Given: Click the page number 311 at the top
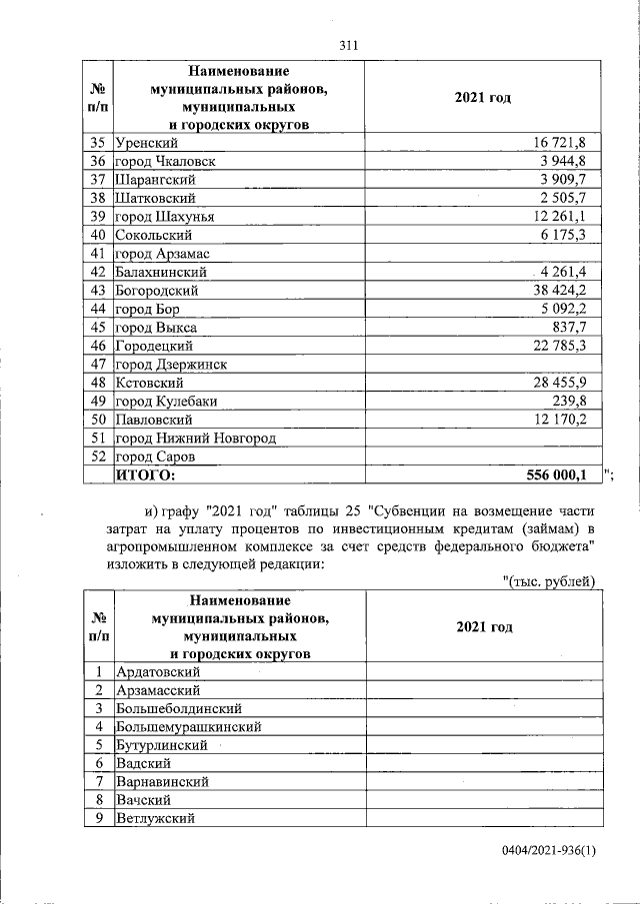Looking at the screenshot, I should (348, 45).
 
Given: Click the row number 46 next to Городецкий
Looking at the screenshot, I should (98, 346).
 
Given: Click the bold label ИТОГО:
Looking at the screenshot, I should (146, 474).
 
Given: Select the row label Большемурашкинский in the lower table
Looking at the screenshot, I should (189, 726).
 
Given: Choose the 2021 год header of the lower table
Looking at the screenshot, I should (484, 626).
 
